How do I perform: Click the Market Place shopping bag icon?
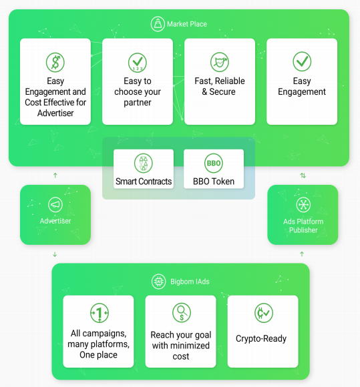tap(158, 24)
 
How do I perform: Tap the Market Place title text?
tap(187, 24)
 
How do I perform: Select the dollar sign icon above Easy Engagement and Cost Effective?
tap(55, 62)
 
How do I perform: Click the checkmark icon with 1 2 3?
tap(138, 63)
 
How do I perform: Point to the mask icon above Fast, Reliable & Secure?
tap(220, 62)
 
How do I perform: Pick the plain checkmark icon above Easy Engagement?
tap(302, 61)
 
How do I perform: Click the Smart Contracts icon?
tap(144, 163)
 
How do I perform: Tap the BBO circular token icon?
tap(214, 163)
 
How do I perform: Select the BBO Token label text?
tap(214, 181)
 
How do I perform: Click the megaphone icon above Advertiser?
tap(55, 205)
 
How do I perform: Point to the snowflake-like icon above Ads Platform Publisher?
tap(303, 205)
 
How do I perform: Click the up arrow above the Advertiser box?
tap(55, 175)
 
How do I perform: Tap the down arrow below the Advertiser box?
tap(55, 254)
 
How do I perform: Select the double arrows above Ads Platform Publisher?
tap(303, 175)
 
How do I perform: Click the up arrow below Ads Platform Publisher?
tap(302, 254)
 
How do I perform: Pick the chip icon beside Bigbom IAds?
tap(158, 282)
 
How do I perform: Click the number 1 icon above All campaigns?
tap(100, 313)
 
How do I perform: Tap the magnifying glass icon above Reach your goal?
tap(182, 313)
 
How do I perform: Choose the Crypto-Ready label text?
tap(261, 339)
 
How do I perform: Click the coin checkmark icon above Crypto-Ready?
tap(264, 313)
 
